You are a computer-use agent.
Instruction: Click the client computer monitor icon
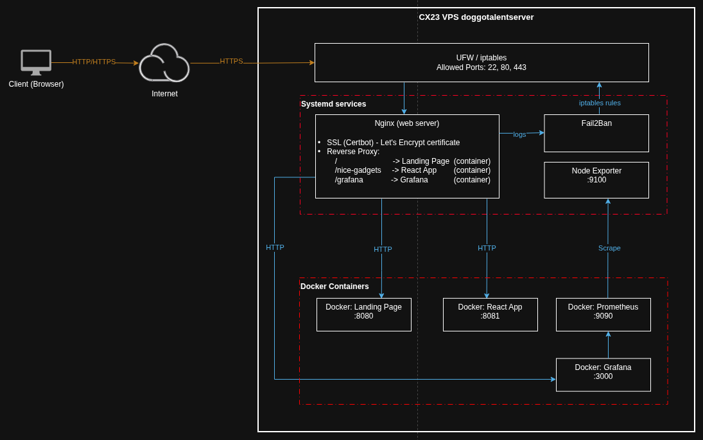point(36,62)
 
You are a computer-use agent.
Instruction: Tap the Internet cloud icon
point(164,63)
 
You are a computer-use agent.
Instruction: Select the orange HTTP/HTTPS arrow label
point(94,62)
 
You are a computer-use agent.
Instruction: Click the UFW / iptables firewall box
point(482,63)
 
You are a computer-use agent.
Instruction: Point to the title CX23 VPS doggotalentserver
point(476,17)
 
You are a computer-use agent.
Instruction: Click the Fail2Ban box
point(596,133)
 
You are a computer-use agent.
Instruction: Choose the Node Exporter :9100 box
point(596,180)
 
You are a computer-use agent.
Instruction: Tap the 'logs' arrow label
point(519,134)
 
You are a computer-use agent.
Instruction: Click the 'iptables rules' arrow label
point(600,103)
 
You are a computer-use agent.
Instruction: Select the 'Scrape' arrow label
point(609,248)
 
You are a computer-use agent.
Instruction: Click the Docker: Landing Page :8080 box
point(363,315)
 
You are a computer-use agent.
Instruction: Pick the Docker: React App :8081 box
point(490,315)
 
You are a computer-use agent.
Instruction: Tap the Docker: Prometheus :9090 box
point(603,315)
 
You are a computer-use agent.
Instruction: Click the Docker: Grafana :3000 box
point(603,375)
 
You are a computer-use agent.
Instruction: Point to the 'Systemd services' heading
point(334,104)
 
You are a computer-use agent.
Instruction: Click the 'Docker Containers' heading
point(334,286)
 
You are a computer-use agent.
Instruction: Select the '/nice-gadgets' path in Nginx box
point(358,170)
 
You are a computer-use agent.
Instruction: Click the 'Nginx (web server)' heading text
point(407,123)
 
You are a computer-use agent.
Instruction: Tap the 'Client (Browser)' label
point(37,84)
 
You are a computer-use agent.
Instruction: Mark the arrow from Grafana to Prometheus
point(608,345)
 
